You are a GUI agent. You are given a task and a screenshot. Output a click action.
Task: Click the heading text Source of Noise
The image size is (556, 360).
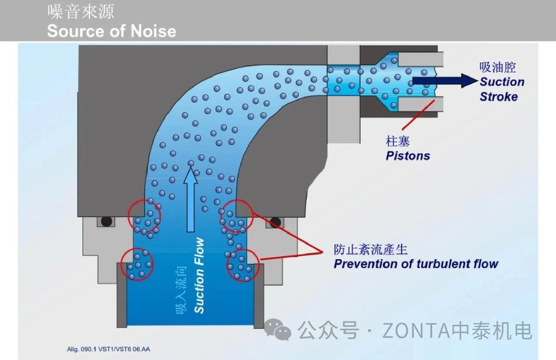[112, 31]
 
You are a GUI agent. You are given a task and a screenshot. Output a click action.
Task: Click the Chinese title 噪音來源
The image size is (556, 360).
[80, 12]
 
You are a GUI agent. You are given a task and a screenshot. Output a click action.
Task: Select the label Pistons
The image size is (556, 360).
[408, 156]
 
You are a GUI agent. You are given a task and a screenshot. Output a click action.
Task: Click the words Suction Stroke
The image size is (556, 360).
[502, 89]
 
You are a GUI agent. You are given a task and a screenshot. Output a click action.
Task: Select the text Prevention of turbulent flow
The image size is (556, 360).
[416, 264]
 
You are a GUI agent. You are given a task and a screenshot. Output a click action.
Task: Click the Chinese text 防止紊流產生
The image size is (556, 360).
[371, 249]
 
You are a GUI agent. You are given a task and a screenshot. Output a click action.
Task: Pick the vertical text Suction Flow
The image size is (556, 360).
[199, 275]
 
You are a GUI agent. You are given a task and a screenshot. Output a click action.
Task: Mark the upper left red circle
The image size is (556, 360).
[145, 216]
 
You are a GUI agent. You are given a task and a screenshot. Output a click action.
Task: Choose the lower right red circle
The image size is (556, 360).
[243, 264]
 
